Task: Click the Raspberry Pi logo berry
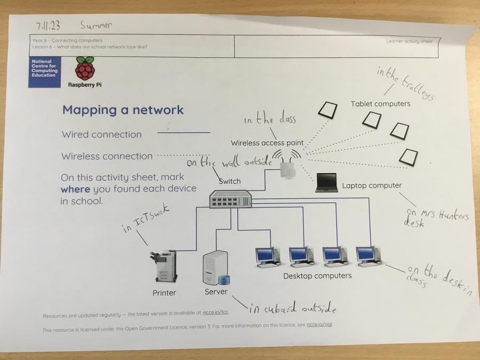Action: (84, 69)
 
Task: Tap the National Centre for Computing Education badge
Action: (45, 71)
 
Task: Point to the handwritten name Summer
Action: (96, 25)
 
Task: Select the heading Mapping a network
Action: (123, 110)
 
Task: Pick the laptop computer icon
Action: (326, 182)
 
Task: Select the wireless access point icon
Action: (287, 169)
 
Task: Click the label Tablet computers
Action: (380, 103)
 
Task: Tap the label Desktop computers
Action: (317, 276)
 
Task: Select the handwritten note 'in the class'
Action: (270, 120)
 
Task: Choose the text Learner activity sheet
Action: (410, 41)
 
